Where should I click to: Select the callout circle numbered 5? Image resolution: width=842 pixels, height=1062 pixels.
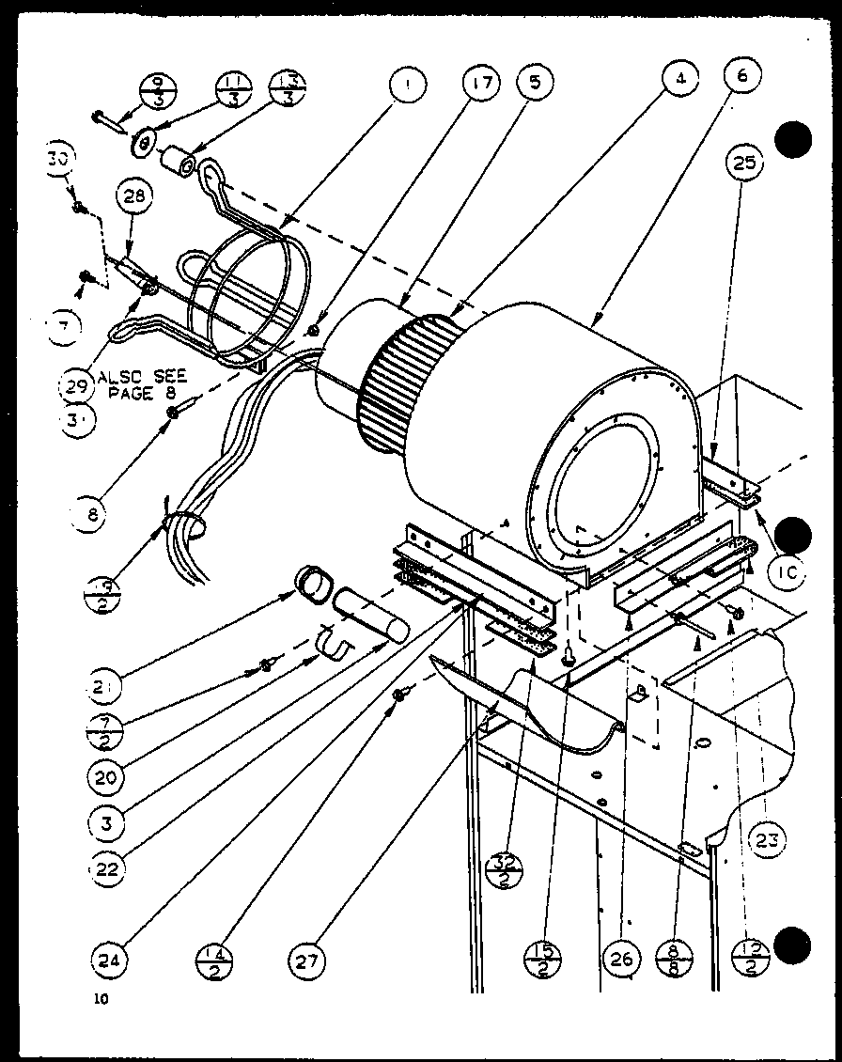click(x=535, y=82)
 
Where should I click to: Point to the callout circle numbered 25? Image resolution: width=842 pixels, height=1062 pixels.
click(x=745, y=165)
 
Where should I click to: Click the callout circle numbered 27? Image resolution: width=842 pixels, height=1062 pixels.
click(x=307, y=960)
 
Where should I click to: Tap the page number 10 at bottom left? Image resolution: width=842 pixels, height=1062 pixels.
click(x=101, y=999)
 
